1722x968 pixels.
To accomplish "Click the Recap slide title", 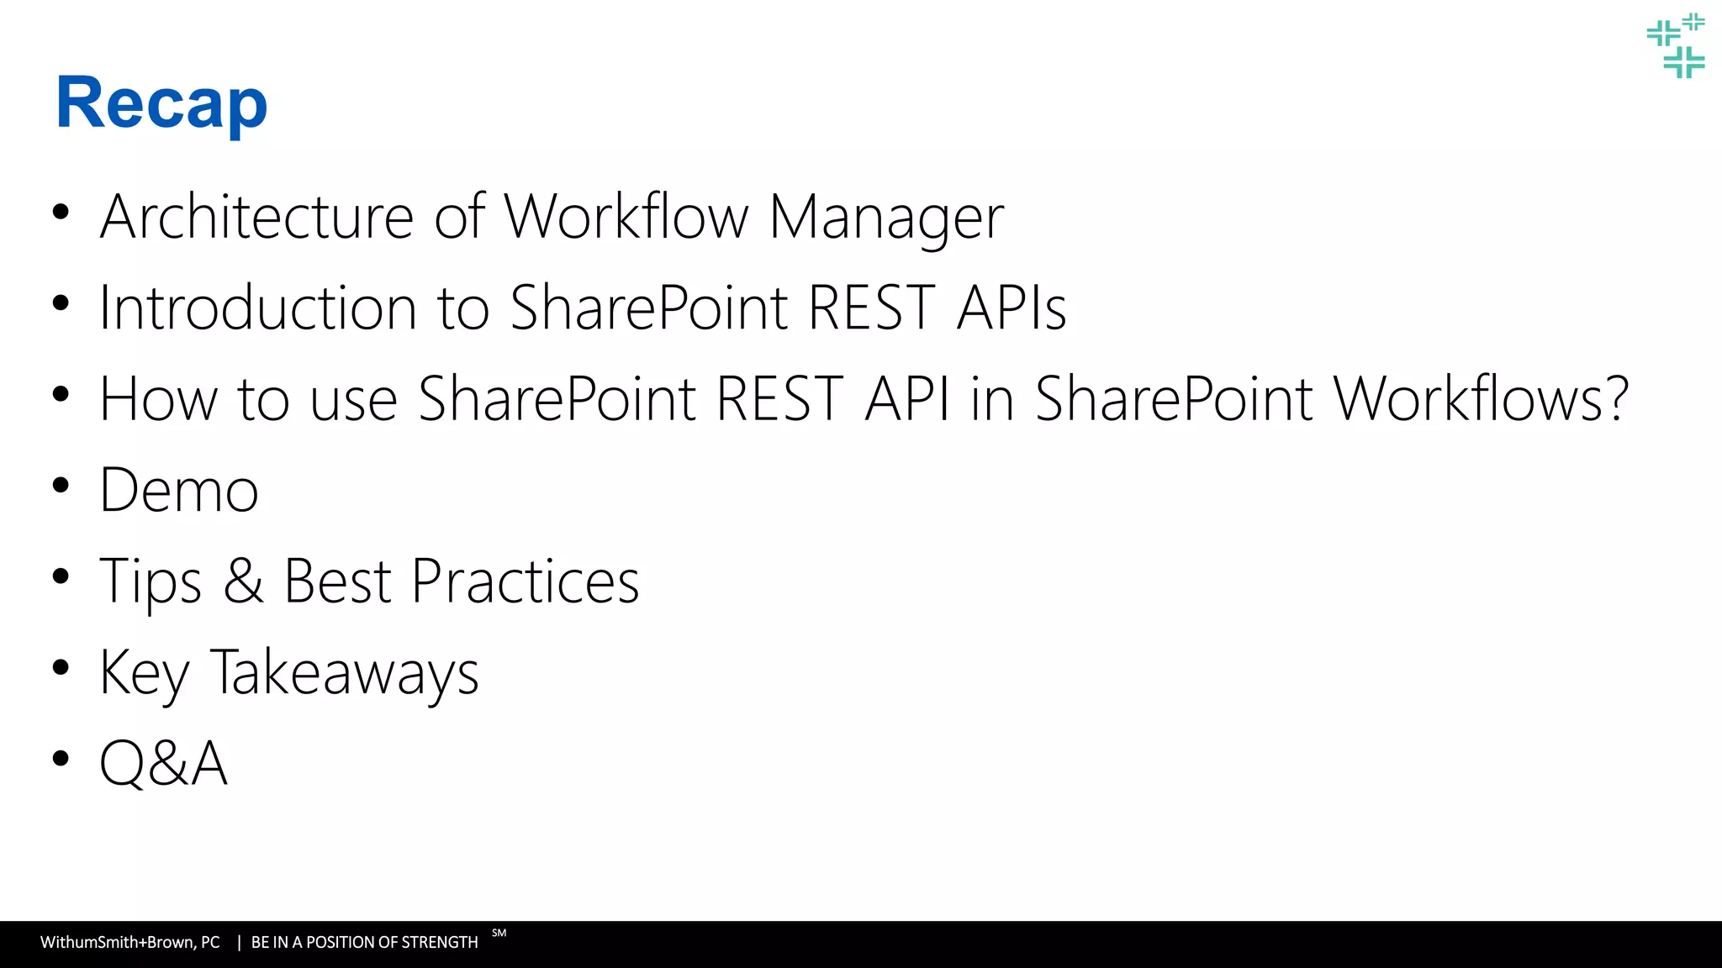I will [161, 103].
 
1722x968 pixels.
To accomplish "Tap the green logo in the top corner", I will [1676, 45].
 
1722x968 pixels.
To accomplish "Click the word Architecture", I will [256, 217].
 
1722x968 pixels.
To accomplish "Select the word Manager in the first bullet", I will [886, 217].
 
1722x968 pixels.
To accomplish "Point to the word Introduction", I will [257, 308].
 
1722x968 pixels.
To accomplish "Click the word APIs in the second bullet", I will [1012, 308].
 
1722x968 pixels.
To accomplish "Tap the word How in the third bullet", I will [158, 398].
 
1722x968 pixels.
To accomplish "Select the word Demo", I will [178, 490].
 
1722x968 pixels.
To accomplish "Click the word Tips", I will [151, 581].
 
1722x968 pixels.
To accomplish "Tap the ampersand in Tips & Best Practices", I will [243, 581].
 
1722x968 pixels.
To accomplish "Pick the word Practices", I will [525, 581].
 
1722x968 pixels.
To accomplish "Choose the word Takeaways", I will [344, 673].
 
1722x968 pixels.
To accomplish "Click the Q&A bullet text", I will [163, 763].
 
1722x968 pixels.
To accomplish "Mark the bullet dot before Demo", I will [60, 486].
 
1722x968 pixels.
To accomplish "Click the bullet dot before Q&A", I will [60, 759].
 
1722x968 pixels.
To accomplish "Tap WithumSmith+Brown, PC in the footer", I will [129, 943].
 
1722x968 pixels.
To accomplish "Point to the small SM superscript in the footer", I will [499, 933].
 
